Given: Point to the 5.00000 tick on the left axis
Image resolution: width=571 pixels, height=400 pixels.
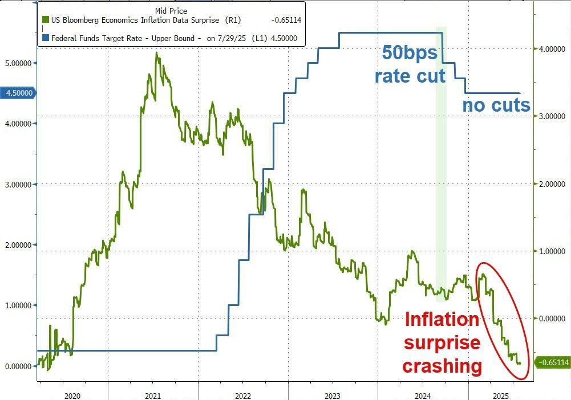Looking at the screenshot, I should coord(18,63).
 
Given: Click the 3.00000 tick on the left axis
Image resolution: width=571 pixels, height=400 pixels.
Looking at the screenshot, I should coord(18,185).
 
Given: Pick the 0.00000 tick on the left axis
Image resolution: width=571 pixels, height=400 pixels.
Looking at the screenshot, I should coord(18,366).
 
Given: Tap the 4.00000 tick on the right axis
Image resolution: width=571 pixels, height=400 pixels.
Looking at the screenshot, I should coord(550,49).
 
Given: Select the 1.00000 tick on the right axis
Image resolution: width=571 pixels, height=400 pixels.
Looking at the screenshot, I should coord(550,251).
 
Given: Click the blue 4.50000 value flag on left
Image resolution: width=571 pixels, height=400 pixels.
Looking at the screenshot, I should coord(19,93).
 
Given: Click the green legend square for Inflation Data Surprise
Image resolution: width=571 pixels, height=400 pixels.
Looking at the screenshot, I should coord(45,21).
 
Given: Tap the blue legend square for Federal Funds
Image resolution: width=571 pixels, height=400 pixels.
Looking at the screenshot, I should coord(45,39).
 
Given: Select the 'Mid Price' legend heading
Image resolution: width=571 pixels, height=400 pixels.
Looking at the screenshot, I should coord(171,11).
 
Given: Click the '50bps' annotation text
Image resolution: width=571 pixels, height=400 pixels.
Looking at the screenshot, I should coord(409,54).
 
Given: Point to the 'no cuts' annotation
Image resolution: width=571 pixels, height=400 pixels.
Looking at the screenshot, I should coord(496,105).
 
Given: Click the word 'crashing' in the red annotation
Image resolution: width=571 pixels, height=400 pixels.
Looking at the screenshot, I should coord(442,365).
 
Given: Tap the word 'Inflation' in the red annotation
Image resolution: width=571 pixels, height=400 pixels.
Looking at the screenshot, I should coord(442,320).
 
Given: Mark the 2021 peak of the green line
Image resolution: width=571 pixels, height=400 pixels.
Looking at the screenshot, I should coord(157,54).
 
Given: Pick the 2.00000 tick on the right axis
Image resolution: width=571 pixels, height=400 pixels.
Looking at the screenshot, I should coord(550,184).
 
